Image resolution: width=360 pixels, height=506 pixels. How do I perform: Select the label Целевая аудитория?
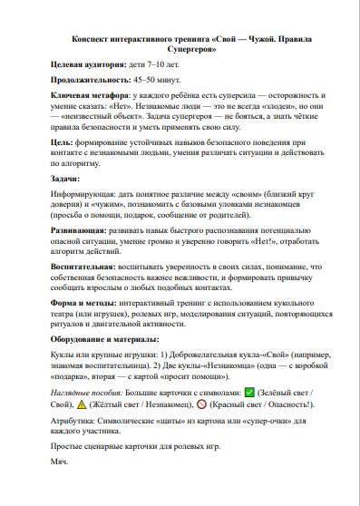[87, 66]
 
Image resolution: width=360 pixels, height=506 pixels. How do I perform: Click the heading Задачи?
[65, 179]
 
